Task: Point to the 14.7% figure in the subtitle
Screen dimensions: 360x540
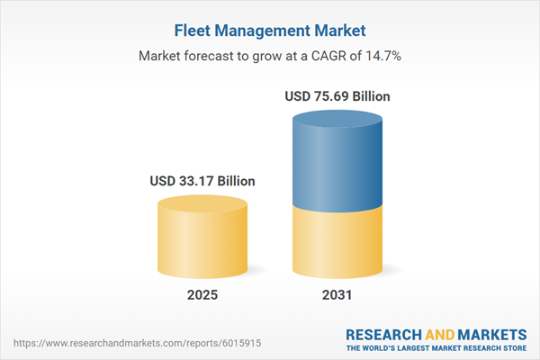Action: [382, 55]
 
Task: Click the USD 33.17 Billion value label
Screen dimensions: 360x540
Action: [202, 181]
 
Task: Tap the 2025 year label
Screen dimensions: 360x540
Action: [202, 295]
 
